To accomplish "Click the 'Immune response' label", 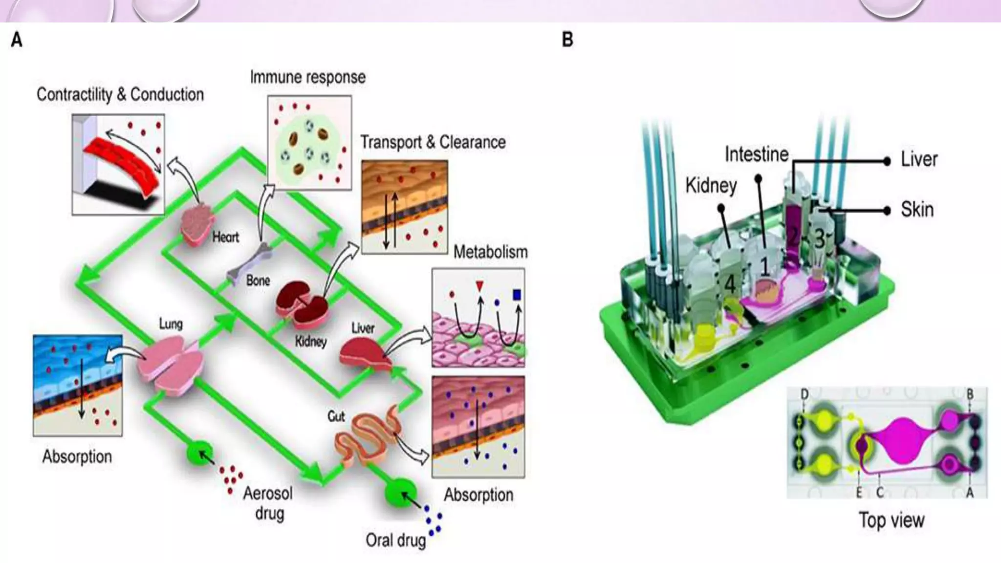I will [x=307, y=77].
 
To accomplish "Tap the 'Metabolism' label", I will [x=490, y=252].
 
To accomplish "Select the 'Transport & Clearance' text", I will [x=433, y=142].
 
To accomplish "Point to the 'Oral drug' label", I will [x=395, y=541].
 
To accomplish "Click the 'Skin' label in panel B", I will [x=917, y=210].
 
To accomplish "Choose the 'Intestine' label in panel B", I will [x=757, y=154].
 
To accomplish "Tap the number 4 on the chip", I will [x=729, y=283].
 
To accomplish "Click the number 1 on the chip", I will [x=764, y=267].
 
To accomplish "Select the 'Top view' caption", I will [x=892, y=520].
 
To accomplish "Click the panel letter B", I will [x=567, y=40].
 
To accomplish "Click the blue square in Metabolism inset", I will [x=517, y=295].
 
